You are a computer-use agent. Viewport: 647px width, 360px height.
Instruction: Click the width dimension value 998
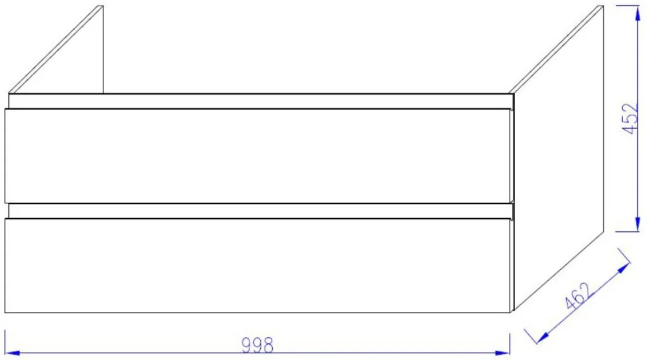(x=257, y=345)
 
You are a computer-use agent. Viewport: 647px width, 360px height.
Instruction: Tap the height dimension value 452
(x=630, y=119)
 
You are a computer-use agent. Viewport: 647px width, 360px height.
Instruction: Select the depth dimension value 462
(x=579, y=296)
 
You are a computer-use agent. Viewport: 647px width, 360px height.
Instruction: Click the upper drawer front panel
(x=258, y=156)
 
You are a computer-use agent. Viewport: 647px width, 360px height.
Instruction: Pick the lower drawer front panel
(x=258, y=265)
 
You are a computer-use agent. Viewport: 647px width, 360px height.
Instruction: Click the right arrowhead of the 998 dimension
(x=502, y=353)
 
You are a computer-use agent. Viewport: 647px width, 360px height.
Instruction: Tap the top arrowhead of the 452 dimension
(x=638, y=13)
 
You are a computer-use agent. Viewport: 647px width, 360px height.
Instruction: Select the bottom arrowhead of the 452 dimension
(x=638, y=224)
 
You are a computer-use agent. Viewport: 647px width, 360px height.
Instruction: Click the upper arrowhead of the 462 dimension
(x=623, y=268)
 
